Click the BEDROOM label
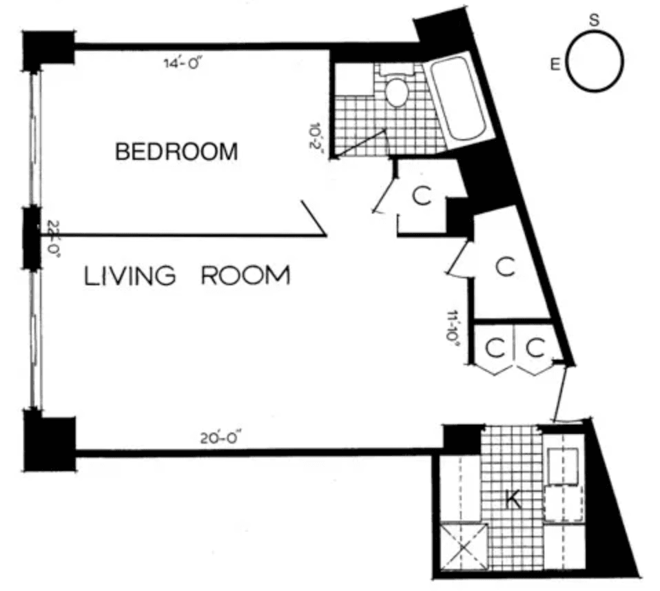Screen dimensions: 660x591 click(x=176, y=152)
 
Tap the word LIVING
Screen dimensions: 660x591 click(x=130, y=276)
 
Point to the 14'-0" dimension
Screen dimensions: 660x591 click(x=183, y=63)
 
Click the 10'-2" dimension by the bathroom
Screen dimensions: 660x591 click(x=316, y=138)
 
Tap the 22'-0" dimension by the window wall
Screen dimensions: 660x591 click(x=52, y=238)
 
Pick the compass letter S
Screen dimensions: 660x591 click(x=594, y=20)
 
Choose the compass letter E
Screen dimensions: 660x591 click(x=555, y=65)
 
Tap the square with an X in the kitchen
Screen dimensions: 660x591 click(x=463, y=546)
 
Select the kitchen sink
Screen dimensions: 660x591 click(x=562, y=466)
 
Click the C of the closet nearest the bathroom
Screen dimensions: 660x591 click(x=422, y=196)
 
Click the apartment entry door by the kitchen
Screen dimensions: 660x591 click(x=561, y=393)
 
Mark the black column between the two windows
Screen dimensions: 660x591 click(x=32, y=238)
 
